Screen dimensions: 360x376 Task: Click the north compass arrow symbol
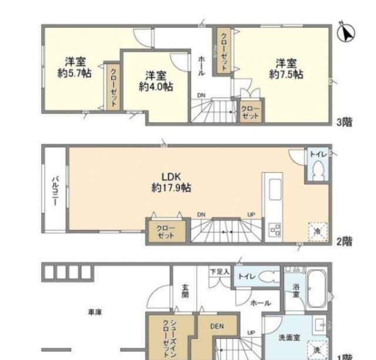click(347, 33)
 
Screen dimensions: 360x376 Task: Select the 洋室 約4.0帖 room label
click(156, 80)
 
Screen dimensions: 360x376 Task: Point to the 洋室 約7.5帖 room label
click(286, 68)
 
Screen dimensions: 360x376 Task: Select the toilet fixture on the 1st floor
click(268, 276)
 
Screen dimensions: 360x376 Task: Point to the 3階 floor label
click(344, 123)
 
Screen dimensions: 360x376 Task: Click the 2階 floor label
click(344, 241)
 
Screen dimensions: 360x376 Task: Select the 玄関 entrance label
click(184, 291)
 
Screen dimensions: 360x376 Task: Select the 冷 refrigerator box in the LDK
click(314, 231)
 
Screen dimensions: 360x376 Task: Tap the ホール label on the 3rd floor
click(202, 63)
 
